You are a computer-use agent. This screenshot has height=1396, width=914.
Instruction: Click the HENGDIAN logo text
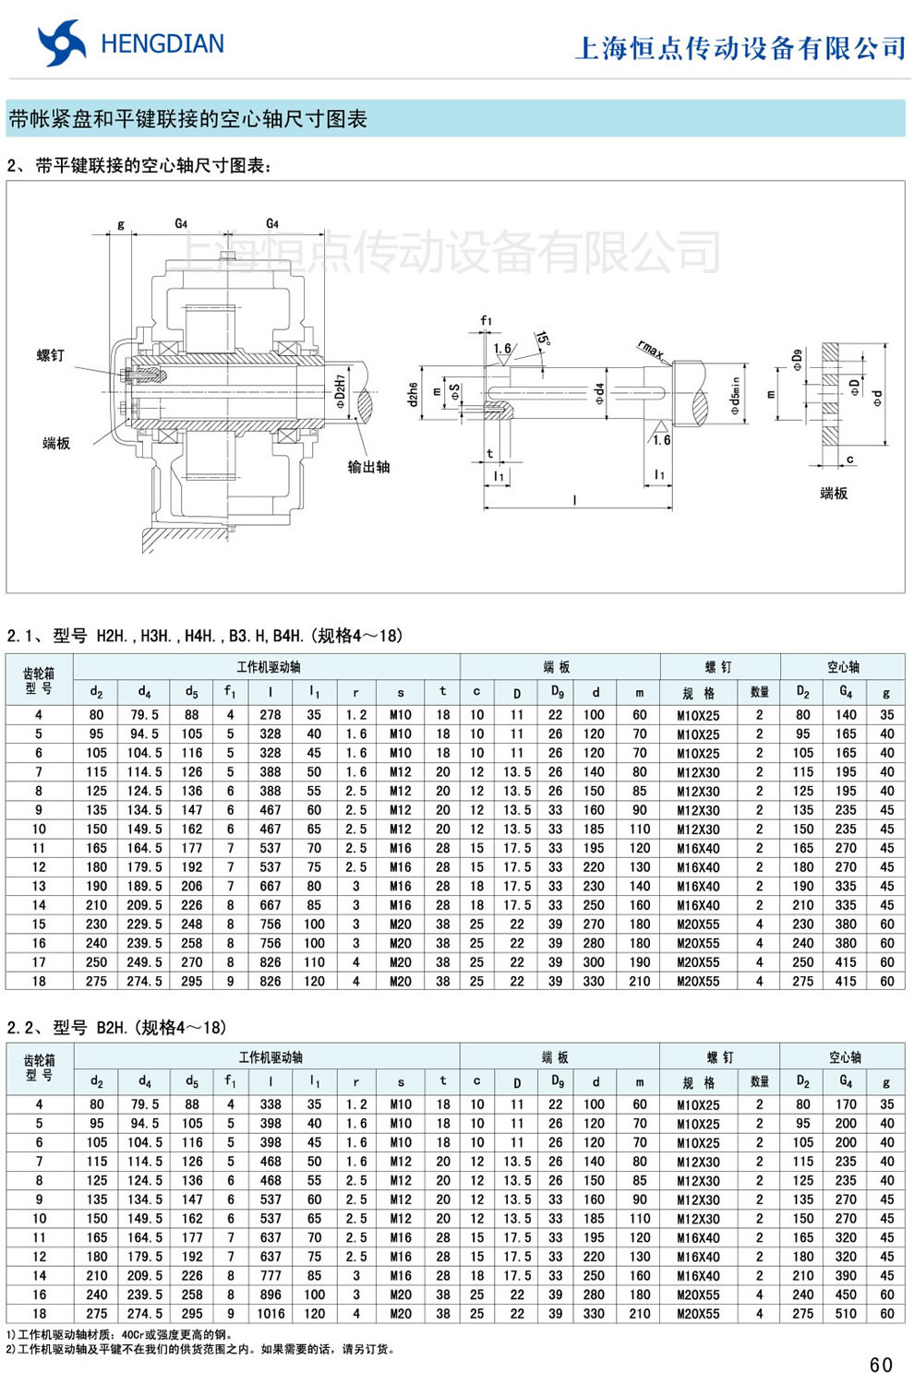point(162,44)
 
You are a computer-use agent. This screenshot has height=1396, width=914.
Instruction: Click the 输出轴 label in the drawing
point(368,467)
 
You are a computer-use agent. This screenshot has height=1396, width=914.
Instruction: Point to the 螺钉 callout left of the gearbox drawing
point(51,355)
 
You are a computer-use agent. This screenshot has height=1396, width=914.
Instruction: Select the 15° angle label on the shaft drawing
point(542,340)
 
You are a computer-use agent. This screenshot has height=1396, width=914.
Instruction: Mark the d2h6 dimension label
point(413,394)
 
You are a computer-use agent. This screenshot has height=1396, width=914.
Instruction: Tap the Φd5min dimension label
point(736,395)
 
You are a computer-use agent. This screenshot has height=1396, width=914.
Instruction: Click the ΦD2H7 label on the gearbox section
point(340,391)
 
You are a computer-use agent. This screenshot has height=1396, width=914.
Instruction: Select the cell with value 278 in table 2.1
point(271,715)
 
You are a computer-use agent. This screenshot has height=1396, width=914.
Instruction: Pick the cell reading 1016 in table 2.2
point(271,1314)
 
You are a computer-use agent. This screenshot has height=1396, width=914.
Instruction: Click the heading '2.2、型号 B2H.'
point(116,1028)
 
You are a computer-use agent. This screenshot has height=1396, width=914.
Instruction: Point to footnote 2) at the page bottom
point(200,1349)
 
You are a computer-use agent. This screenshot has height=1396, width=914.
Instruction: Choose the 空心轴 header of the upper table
point(843,666)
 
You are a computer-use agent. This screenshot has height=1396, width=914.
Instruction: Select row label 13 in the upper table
point(39,887)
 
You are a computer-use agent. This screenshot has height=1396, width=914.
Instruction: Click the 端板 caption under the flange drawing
point(834,494)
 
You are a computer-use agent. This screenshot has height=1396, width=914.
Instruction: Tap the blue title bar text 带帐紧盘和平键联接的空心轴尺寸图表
point(188,119)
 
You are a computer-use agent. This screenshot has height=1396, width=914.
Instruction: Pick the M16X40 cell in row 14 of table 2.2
point(698,1276)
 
